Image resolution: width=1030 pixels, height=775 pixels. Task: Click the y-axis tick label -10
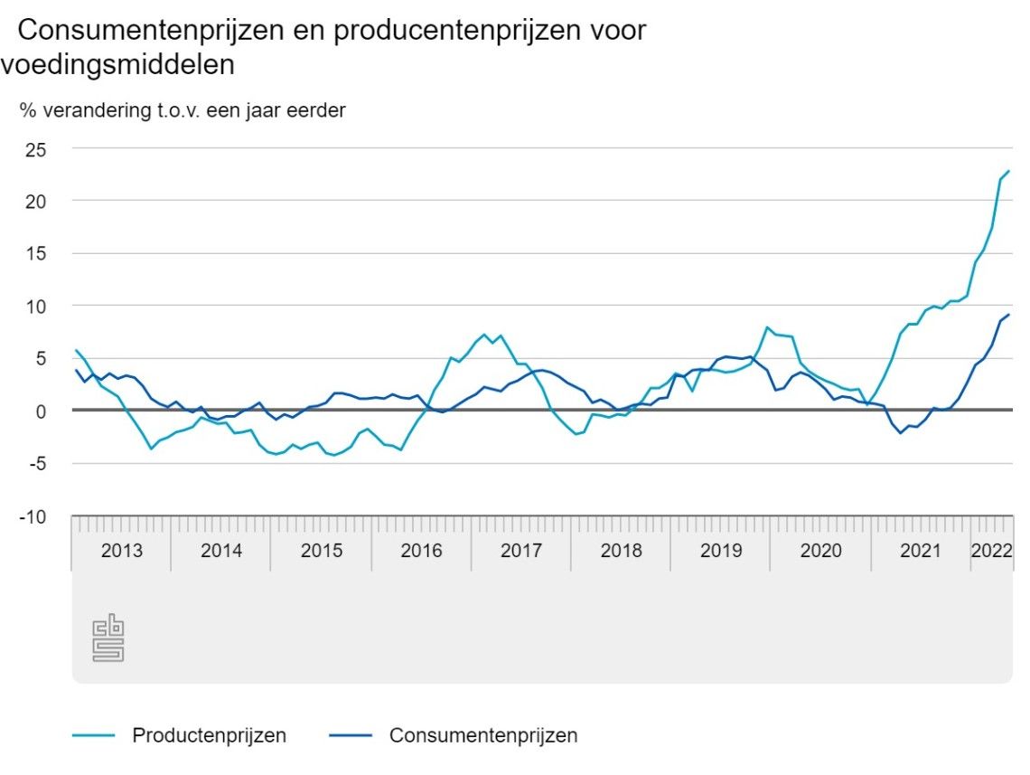[35, 516]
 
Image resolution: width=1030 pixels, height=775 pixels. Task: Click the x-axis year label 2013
[121, 551]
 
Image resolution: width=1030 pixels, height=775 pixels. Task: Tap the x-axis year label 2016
[421, 551]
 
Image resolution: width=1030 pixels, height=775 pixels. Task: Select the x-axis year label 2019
[720, 551]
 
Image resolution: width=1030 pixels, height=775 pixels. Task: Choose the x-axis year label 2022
[991, 551]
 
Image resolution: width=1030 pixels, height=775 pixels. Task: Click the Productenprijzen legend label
[209, 735]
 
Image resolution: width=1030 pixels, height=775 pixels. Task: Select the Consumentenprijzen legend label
[483, 735]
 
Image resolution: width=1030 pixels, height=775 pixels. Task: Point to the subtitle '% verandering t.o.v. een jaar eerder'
[183, 111]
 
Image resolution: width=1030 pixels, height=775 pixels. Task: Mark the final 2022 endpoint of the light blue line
[1008, 171]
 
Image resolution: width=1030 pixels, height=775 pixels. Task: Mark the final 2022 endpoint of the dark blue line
[1008, 315]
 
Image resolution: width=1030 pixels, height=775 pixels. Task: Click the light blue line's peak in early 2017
[485, 335]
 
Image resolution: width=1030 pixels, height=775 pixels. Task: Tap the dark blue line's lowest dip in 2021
[900, 433]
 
